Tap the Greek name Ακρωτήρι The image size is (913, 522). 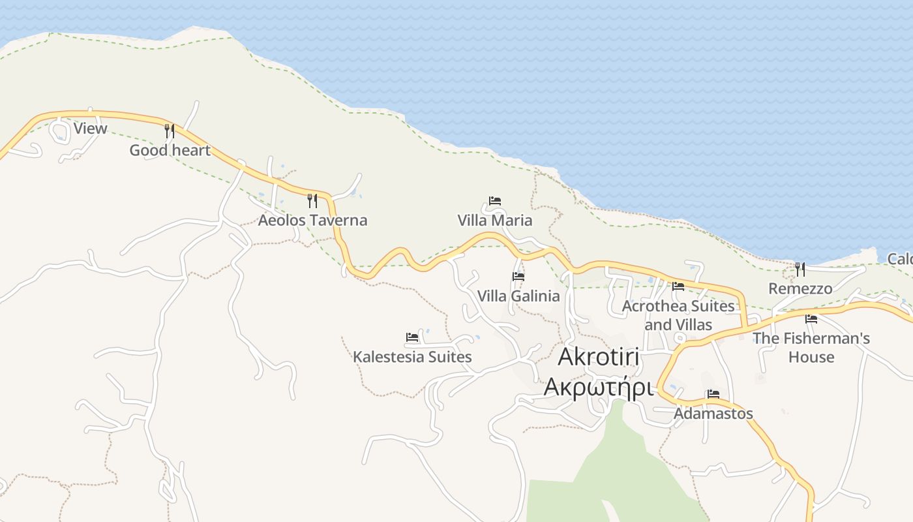pos(598,386)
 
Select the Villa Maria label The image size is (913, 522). pos(495,221)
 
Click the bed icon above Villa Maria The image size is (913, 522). pos(495,201)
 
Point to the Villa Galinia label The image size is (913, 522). pos(518,296)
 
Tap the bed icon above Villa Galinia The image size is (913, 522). pos(518,277)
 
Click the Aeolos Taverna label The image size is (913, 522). pos(312,221)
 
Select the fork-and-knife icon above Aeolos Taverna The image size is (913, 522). pos(312,200)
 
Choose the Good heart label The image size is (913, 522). pos(170,151)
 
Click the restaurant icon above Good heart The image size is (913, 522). pos(170,130)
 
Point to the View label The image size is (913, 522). pos(90,129)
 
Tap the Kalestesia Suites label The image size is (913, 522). pos(412,357)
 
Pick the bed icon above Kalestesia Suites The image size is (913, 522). pos(412,337)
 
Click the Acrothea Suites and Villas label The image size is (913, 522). pos(678,315)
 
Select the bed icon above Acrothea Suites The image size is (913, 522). pos(678,286)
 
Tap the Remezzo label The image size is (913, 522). pos(800,288)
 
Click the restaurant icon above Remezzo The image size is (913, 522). pos(800,269)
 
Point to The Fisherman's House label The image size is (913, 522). pos(811,348)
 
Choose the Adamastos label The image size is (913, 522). pos(713,414)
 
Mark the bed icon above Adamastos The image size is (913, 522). pos(713,394)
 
